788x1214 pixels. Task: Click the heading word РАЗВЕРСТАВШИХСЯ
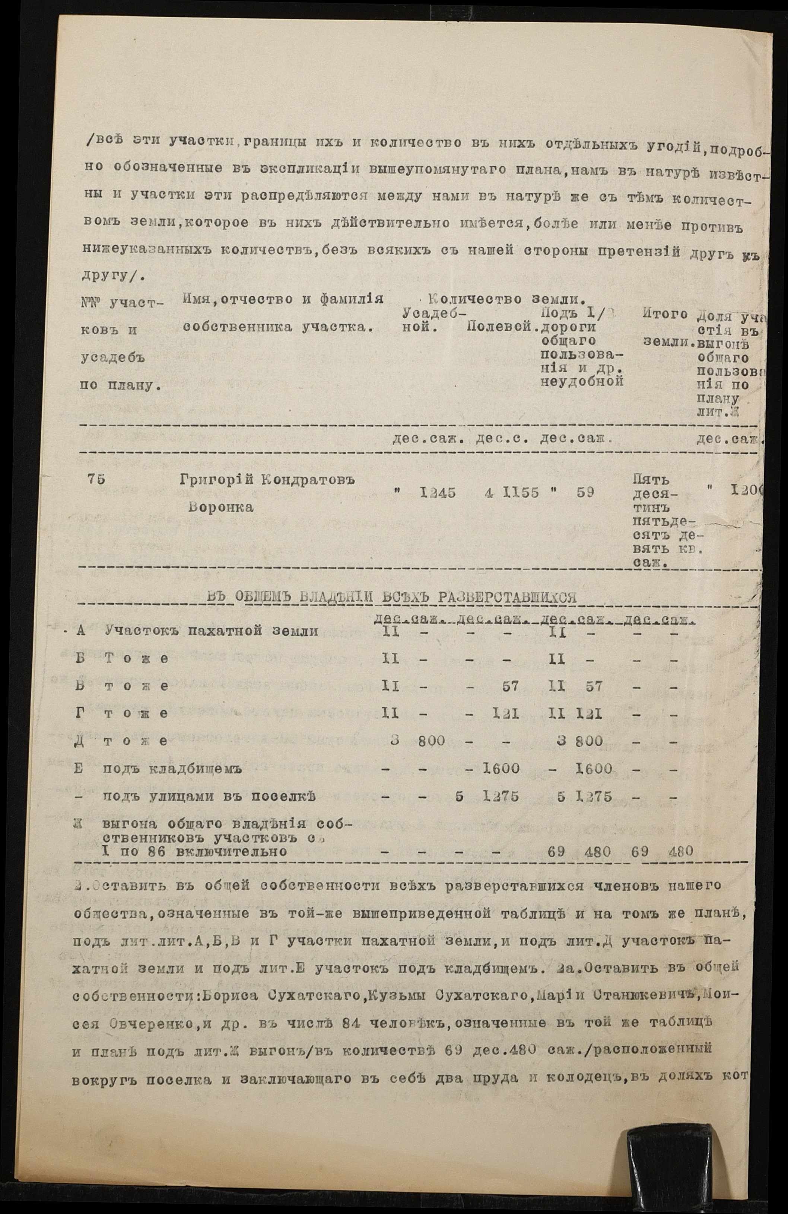click(x=511, y=598)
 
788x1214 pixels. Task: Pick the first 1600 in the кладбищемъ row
click(x=501, y=769)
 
